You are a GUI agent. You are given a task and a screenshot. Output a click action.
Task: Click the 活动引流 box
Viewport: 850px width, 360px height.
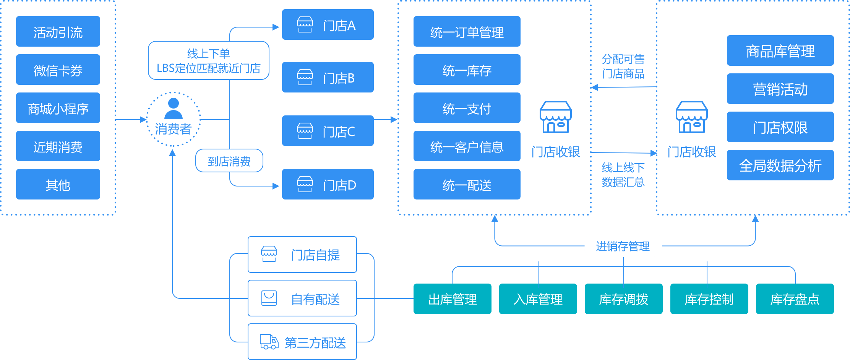[58, 31]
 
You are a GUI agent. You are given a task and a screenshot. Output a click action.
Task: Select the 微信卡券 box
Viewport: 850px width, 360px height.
[58, 70]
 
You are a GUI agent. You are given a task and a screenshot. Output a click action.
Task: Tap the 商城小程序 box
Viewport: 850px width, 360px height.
[58, 108]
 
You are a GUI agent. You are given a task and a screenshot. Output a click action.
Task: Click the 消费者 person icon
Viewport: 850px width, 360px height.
[174, 109]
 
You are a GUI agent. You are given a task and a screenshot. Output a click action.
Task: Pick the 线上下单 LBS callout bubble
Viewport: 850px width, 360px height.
[208, 60]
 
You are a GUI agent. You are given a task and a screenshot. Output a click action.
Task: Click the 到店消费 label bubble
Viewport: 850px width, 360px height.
[229, 161]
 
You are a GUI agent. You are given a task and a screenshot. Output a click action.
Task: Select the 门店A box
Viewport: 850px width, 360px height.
[328, 24]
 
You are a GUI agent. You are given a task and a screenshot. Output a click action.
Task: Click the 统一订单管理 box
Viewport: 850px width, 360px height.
[467, 31]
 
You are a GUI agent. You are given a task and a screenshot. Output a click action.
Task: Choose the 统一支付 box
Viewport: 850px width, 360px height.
[467, 108]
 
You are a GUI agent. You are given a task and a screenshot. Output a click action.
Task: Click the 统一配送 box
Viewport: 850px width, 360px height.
[467, 184]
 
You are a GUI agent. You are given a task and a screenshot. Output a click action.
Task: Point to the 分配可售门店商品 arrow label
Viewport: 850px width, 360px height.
[623, 66]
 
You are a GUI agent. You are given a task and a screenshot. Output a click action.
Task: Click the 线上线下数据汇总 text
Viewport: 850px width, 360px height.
[623, 175]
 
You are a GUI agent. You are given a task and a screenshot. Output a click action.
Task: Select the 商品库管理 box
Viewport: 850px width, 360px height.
[780, 50]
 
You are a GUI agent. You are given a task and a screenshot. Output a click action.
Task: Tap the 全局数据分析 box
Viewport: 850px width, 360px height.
[780, 165]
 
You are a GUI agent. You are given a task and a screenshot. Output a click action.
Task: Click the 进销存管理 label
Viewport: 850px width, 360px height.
[623, 246]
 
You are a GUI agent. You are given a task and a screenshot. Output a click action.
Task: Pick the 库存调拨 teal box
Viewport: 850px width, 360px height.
[623, 299]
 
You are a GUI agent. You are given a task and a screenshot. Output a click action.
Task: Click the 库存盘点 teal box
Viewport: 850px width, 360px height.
[795, 299]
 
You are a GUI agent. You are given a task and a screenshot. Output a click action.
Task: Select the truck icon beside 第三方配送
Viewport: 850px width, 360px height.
[269, 342]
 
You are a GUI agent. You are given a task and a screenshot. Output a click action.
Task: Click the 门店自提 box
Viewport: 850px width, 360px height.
[302, 255]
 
